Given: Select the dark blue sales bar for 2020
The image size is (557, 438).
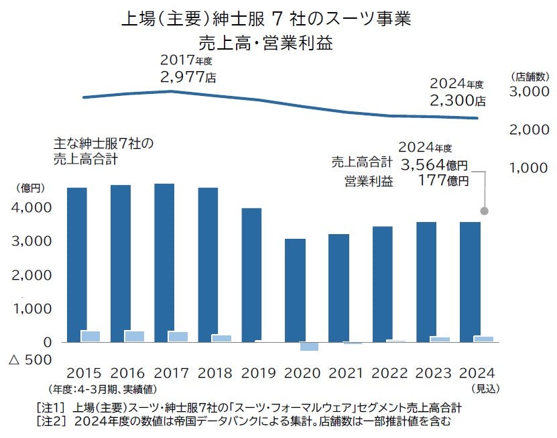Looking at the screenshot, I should (296, 288).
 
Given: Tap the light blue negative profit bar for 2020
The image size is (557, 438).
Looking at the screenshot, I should (309, 347).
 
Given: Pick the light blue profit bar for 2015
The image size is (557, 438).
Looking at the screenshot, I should (90, 336).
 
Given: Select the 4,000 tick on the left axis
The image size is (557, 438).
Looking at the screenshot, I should (33, 208).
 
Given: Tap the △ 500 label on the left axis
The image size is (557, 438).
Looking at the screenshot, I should (29, 360).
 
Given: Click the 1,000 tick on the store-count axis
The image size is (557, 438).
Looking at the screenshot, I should (530, 168).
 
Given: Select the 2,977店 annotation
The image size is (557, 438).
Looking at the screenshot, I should (188, 77).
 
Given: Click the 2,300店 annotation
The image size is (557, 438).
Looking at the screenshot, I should (458, 101).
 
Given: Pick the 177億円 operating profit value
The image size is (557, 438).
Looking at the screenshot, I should (443, 180).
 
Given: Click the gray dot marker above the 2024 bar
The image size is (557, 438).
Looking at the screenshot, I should (485, 211).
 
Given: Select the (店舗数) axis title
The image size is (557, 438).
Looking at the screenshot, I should (530, 75).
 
